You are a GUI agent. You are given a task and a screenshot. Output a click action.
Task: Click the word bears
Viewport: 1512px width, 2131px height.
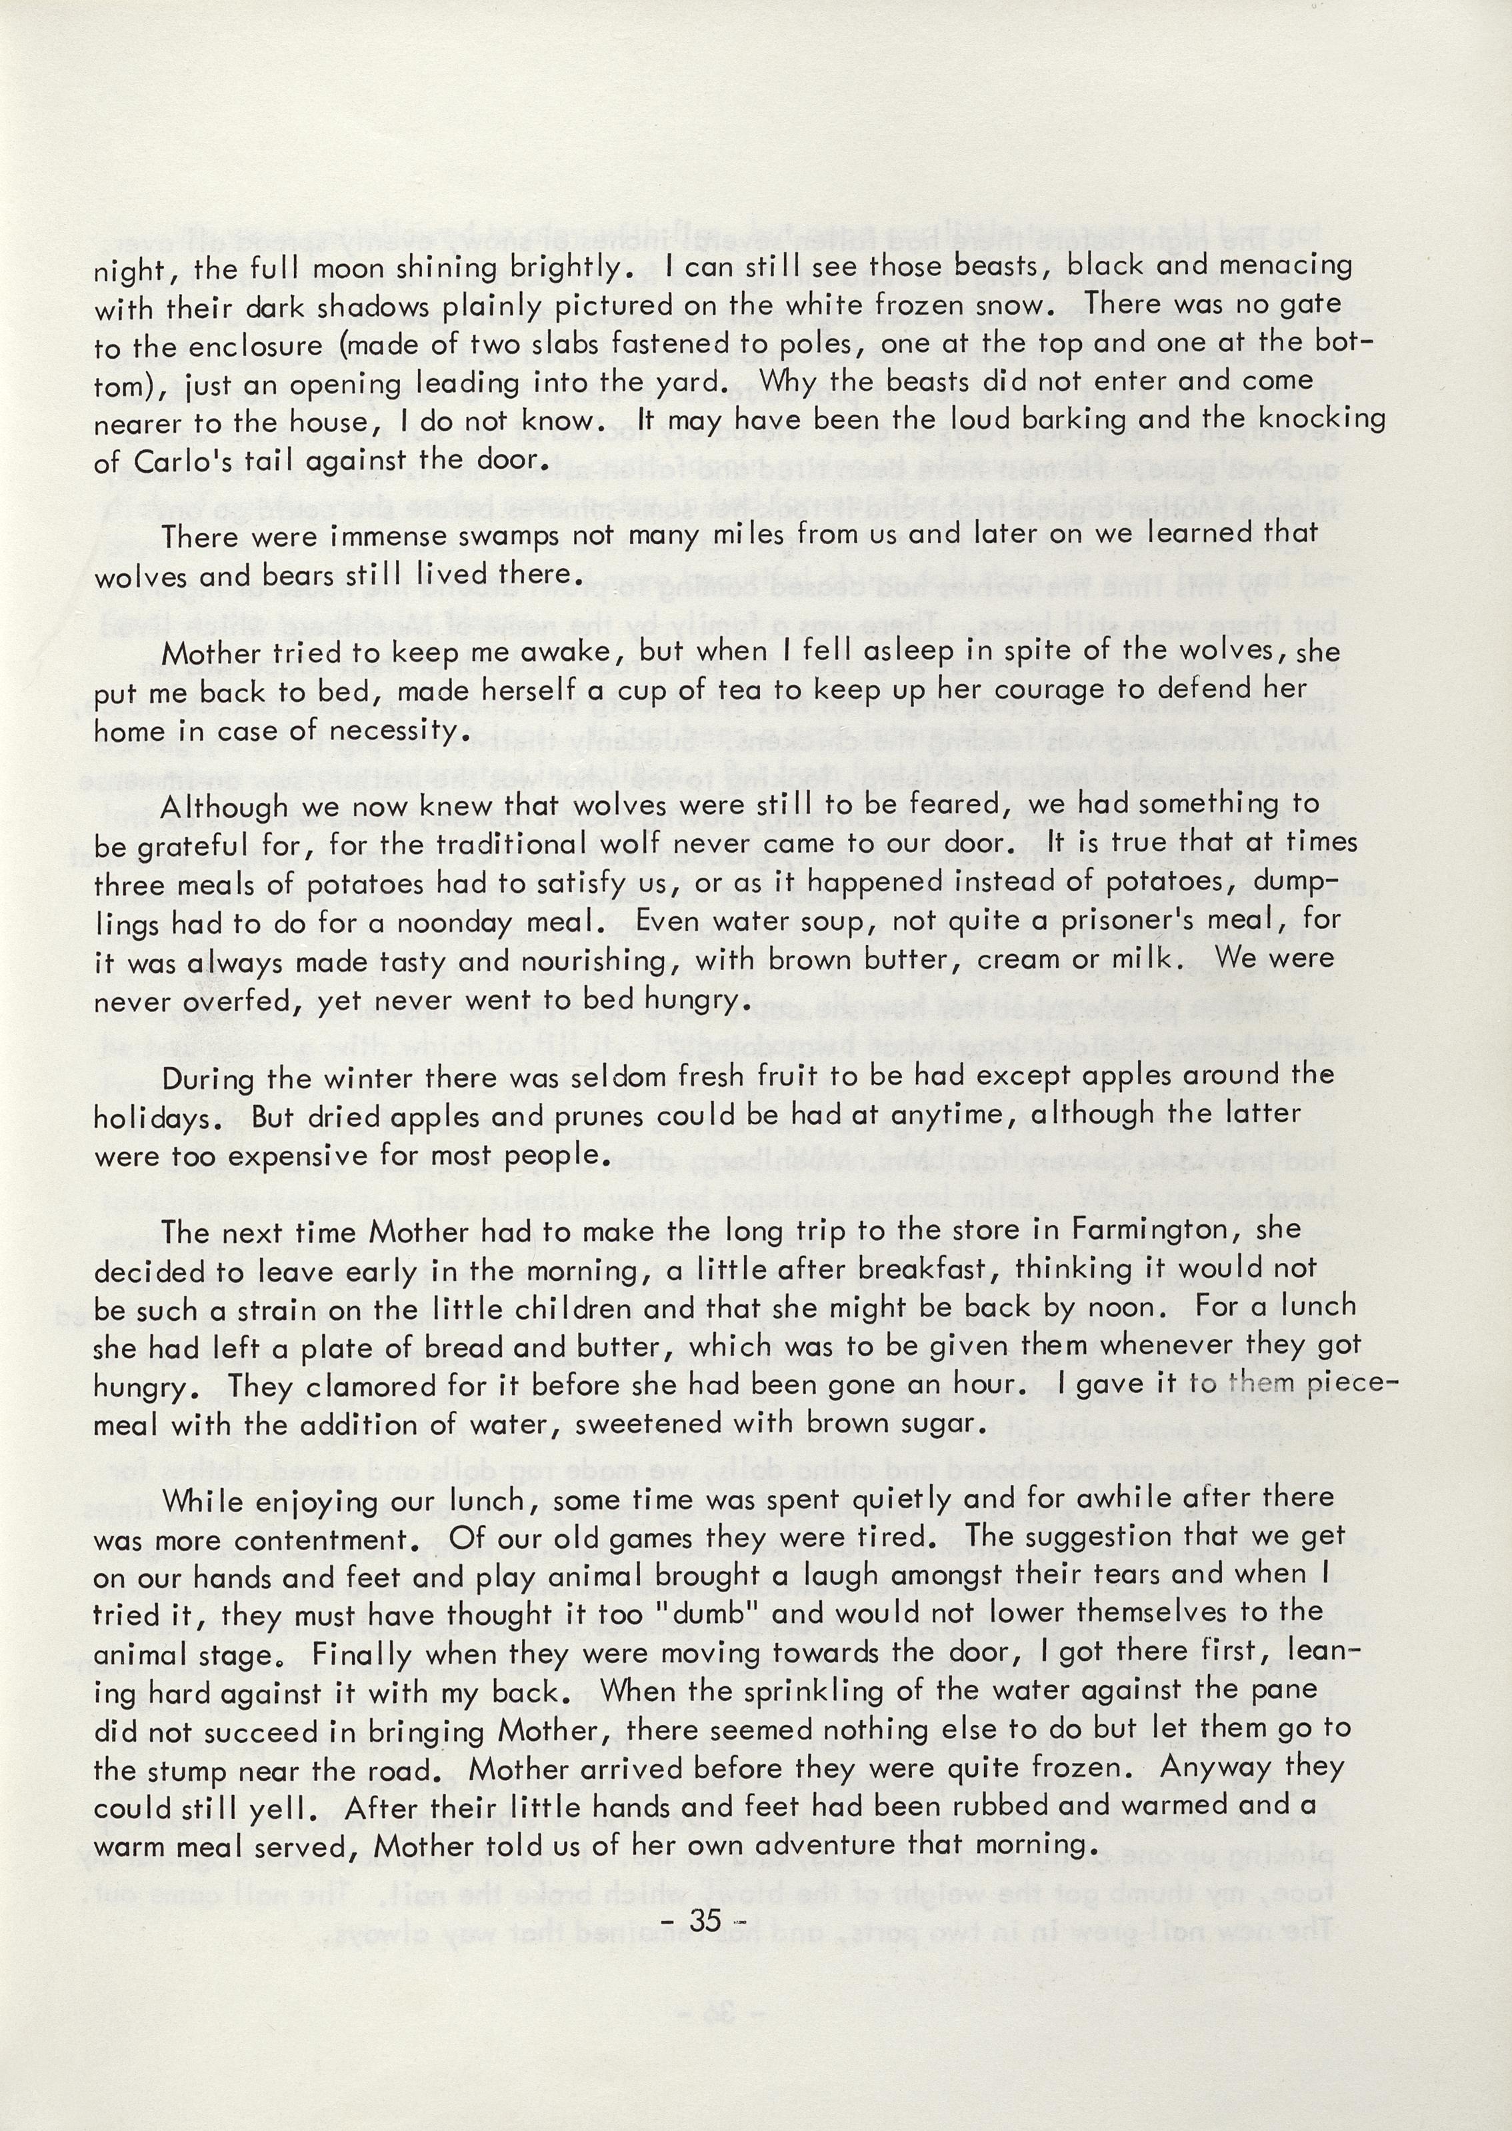pos(293,575)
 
